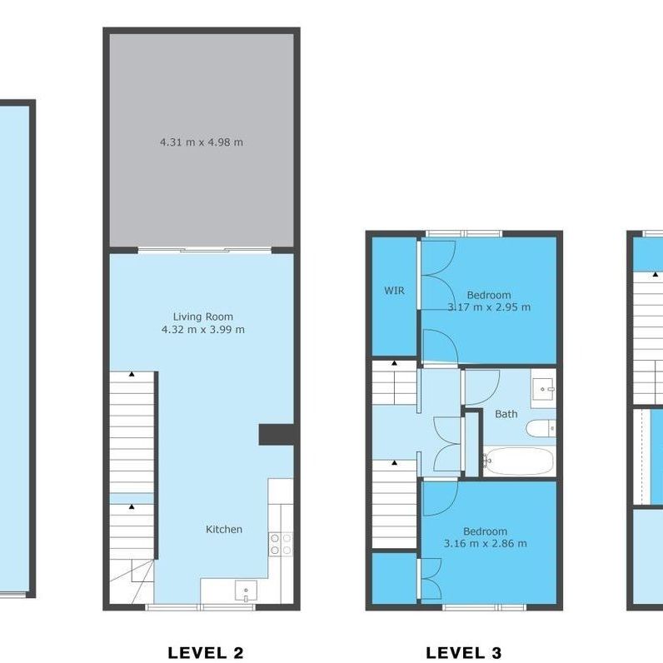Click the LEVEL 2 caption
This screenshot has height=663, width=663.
(211, 652)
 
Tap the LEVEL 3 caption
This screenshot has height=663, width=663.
(464, 652)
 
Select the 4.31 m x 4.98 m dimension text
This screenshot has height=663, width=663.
(202, 142)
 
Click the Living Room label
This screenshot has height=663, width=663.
(202, 317)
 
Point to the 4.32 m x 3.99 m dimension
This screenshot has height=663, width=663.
(202, 330)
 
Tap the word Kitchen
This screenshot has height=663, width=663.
(224, 529)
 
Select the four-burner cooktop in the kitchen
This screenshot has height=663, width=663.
(280, 544)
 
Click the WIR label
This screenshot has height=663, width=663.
(394, 291)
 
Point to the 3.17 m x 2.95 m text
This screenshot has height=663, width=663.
(489, 307)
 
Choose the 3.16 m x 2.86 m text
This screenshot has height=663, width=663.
(486, 544)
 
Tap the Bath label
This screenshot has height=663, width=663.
(506, 414)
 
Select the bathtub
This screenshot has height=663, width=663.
(517, 461)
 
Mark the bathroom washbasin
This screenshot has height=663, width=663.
(546, 388)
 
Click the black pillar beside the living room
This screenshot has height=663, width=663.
(277, 434)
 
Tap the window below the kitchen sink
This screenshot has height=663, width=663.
(201, 608)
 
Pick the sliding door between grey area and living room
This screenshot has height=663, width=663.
(204, 249)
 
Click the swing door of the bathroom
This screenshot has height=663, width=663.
(481, 385)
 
